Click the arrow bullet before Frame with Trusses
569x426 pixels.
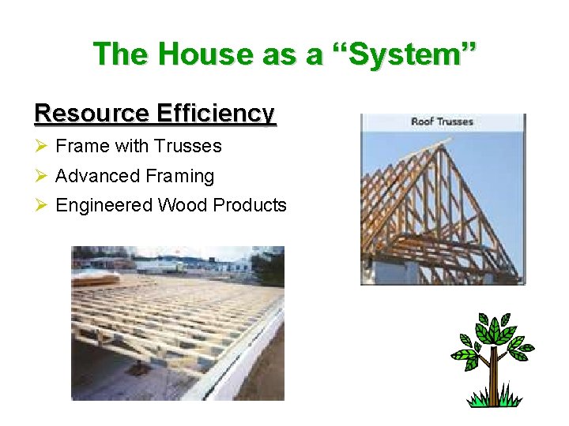click(x=42, y=146)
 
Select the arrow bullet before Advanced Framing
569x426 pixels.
click(x=42, y=176)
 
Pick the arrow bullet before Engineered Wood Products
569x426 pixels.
click(x=42, y=205)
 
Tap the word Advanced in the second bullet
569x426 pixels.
click(x=89, y=176)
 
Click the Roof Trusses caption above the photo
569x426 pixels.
click(x=442, y=121)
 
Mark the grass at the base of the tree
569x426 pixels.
click(x=493, y=401)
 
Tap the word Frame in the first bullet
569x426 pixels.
click(x=82, y=146)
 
